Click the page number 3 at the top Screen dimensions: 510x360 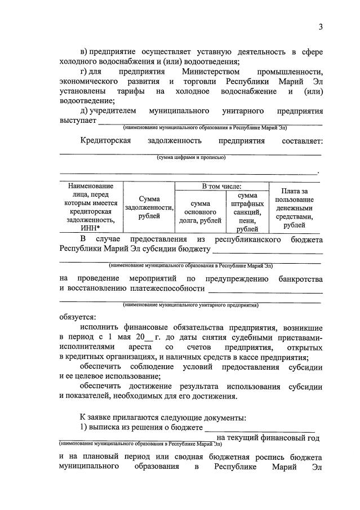click(x=320, y=26)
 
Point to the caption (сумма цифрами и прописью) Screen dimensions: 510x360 click(x=191, y=158)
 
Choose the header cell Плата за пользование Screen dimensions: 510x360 click(x=295, y=208)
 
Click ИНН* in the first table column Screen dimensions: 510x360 click(x=90, y=228)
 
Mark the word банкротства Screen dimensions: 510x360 click(x=300, y=279)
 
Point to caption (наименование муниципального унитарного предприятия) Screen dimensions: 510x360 click(x=190, y=305)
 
